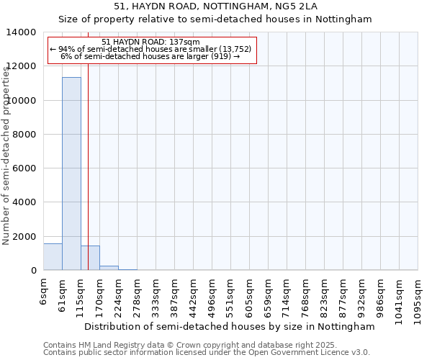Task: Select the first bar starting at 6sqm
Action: point(53,257)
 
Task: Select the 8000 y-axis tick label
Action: point(26,135)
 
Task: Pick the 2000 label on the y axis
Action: point(26,236)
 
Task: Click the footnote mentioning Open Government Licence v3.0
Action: point(207,353)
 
